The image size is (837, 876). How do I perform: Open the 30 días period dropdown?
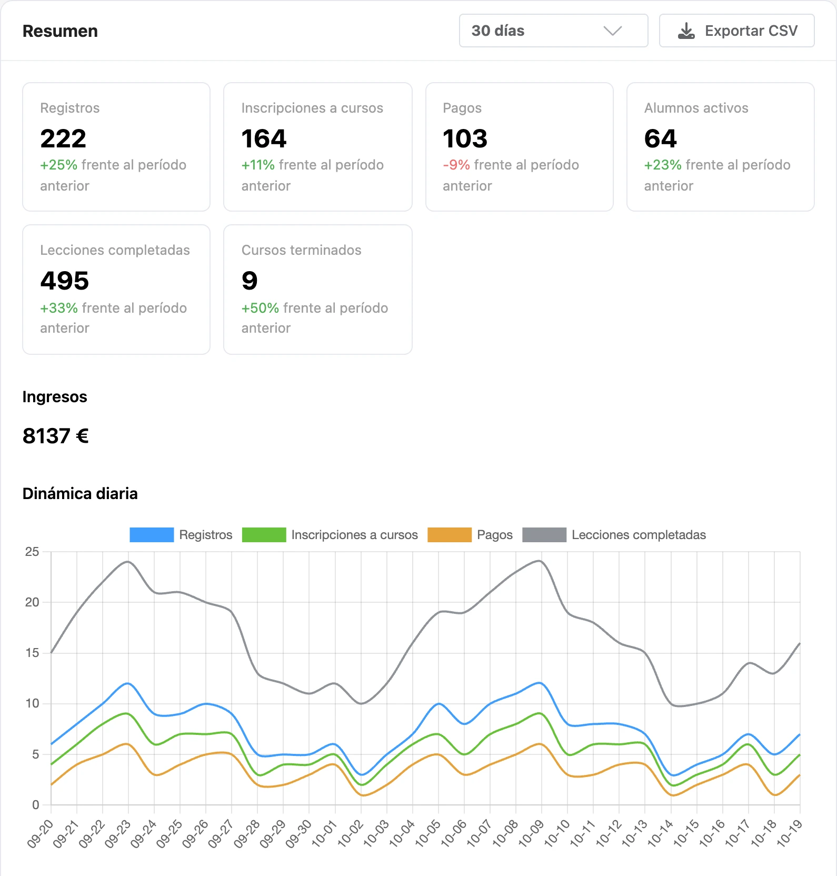tap(553, 31)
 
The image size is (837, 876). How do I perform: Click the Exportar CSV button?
tap(736, 31)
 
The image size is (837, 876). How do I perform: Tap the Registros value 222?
tap(63, 138)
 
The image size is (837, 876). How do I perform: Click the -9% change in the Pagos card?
tap(456, 165)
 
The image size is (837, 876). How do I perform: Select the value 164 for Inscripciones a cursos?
tap(264, 138)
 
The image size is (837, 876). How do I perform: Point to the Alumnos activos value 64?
tap(660, 138)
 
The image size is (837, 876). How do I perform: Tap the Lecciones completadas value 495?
tap(65, 281)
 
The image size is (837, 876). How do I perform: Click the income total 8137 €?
tap(56, 436)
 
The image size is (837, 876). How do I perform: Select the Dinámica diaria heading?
tap(80, 493)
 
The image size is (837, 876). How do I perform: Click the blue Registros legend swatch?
tap(152, 535)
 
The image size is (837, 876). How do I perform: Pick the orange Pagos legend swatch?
tap(450, 535)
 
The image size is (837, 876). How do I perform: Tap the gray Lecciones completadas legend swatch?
tap(544, 535)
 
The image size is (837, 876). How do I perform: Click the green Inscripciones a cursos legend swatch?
tap(264, 535)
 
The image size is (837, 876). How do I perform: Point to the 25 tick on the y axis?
tap(32, 552)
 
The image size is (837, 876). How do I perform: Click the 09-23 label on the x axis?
tap(118, 833)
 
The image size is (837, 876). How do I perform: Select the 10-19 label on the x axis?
tap(790, 833)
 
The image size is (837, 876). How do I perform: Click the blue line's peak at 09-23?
tap(128, 683)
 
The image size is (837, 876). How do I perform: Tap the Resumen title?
tap(60, 31)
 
